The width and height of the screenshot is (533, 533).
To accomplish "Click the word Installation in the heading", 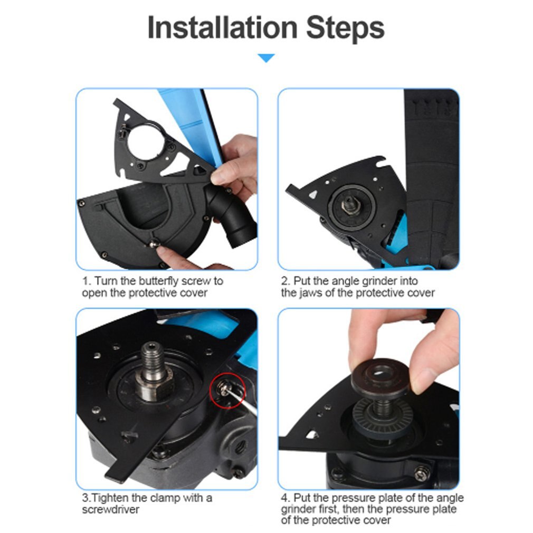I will click(222, 28).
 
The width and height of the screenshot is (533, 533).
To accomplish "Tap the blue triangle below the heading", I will click(266, 58).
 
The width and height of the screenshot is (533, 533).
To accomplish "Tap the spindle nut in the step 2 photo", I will click(351, 203).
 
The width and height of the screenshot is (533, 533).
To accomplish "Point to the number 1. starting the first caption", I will click(87, 281).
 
